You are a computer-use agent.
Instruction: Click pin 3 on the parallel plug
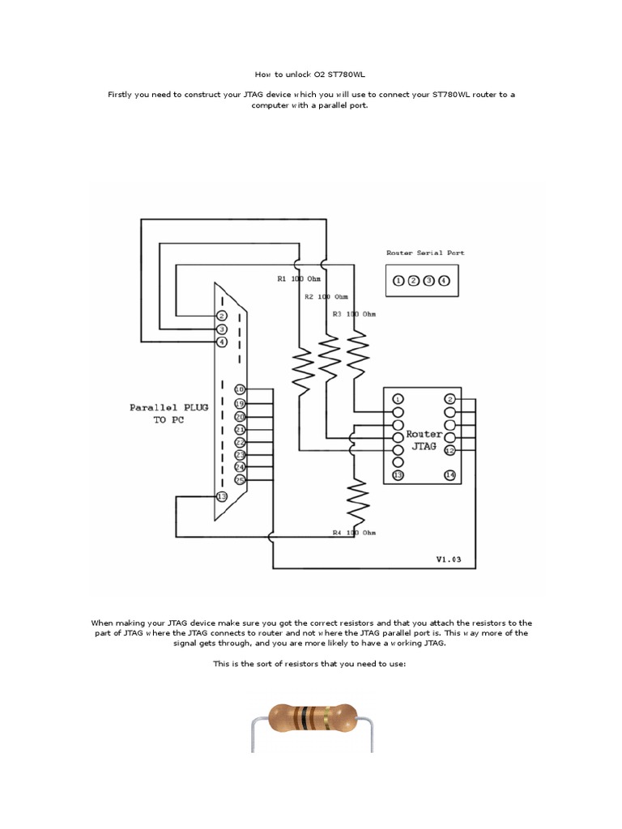pos(221,329)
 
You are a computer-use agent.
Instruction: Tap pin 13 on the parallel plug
pos(221,496)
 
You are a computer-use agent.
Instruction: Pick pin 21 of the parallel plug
pos(239,430)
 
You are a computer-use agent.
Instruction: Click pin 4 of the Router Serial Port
pos(444,281)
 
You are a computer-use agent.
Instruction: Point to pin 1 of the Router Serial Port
pos(398,281)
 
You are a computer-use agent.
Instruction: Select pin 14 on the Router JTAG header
pos(449,475)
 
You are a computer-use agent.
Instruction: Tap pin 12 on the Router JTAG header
pos(449,450)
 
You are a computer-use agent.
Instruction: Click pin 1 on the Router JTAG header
pos(398,399)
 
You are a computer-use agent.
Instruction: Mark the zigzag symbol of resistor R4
pos(357,502)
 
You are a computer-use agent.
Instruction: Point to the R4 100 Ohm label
pos(355,533)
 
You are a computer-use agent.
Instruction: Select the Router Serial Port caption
pos(425,253)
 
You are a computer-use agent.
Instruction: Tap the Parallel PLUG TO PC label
pos(168,414)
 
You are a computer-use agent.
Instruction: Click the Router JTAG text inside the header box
pos(424,440)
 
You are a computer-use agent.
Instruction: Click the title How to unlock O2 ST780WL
pos(311,74)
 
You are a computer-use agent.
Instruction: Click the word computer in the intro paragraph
pos(280,105)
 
